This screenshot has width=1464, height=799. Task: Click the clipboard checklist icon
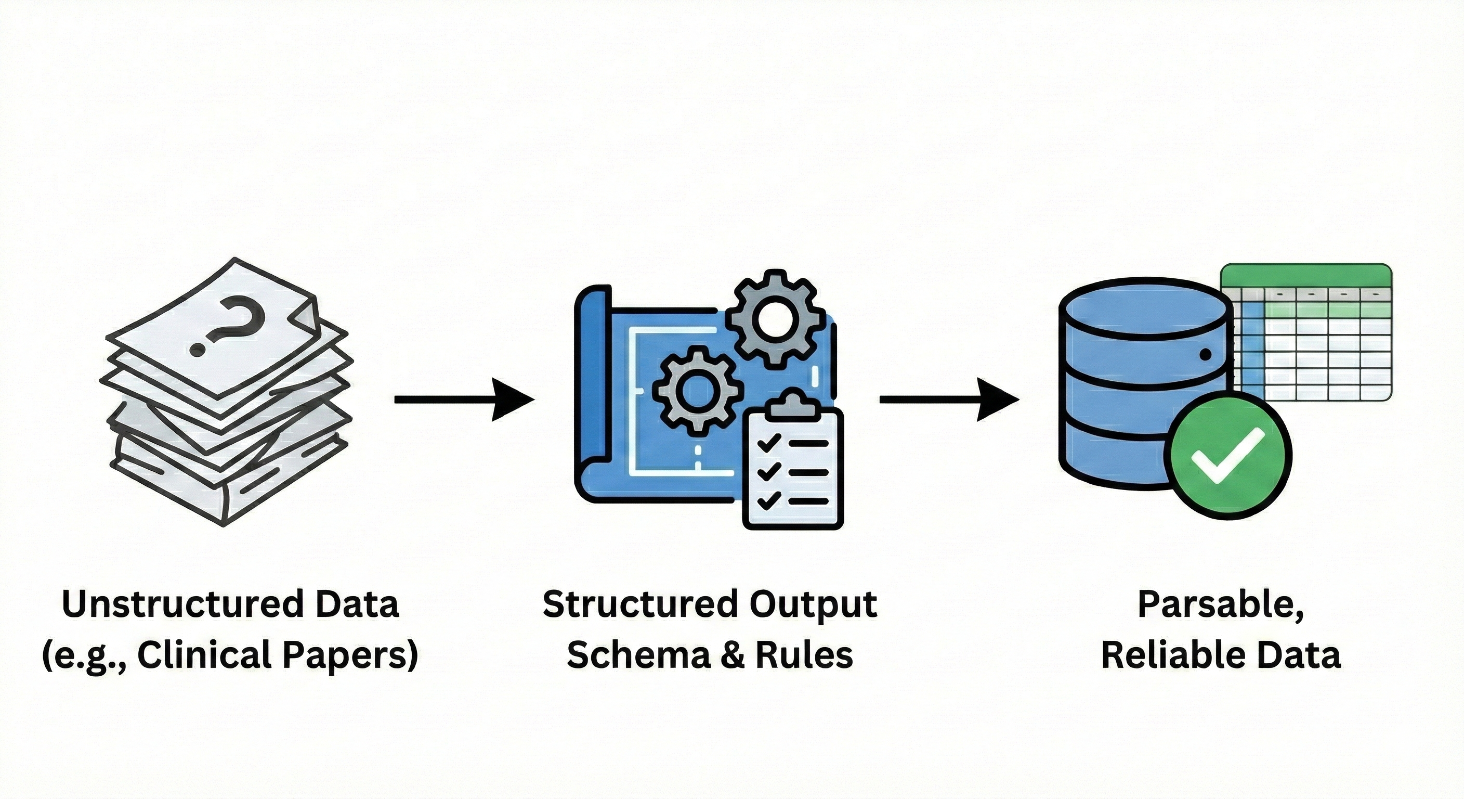click(x=793, y=463)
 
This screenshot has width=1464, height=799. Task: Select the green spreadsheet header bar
click(x=1305, y=276)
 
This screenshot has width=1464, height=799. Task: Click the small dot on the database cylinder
click(x=1204, y=355)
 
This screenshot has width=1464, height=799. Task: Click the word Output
click(x=813, y=604)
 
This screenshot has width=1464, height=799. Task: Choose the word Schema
click(x=638, y=655)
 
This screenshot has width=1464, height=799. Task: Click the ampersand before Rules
click(x=733, y=655)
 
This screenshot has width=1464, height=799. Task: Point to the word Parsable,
click(x=1220, y=604)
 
